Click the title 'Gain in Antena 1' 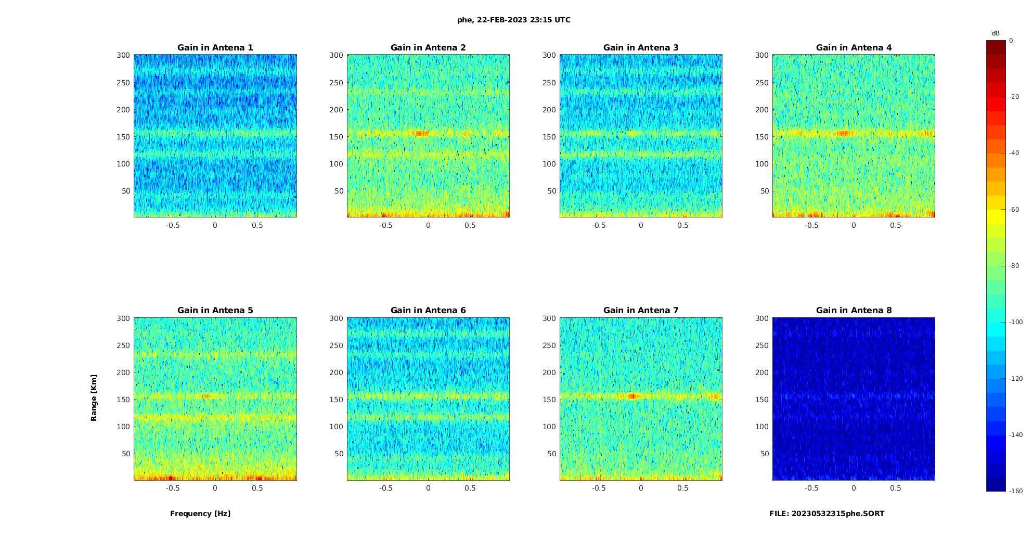point(215,48)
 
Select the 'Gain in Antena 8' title point(854,311)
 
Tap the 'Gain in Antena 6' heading point(428,311)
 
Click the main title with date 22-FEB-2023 point(514,20)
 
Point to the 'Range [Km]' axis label point(94,398)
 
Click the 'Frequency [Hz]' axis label point(200,513)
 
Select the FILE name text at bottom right point(827,513)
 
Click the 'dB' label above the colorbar point(996,33)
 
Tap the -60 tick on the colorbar point(1014,210)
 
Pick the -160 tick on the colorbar point(1016,491)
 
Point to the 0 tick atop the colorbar point(1011,41)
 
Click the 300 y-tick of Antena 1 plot point(123,55)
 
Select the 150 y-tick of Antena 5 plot point(123,400)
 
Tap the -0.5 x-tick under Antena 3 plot point(599,225)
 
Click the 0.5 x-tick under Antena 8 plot point(895,488)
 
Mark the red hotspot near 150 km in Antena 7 point(632,396)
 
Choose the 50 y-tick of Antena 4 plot point(764,191)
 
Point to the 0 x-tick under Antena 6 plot point(428,488)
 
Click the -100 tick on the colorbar point(1016,322)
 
